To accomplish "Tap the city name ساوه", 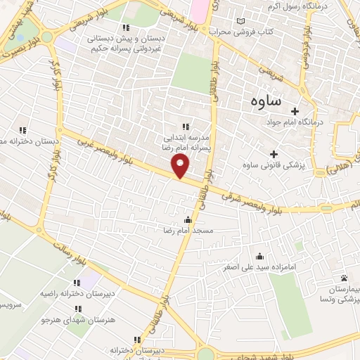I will pyautogui.click(x=265, y=101).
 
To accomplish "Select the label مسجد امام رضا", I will pyautogui.click(x=188, y=231).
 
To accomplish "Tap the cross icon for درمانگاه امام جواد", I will pyautogui.click(x=295, y=111).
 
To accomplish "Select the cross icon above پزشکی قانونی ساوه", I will pyautogui.click(x=273, y=154).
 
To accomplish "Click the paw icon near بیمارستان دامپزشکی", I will pyautogui.click(x=344, y=279).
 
